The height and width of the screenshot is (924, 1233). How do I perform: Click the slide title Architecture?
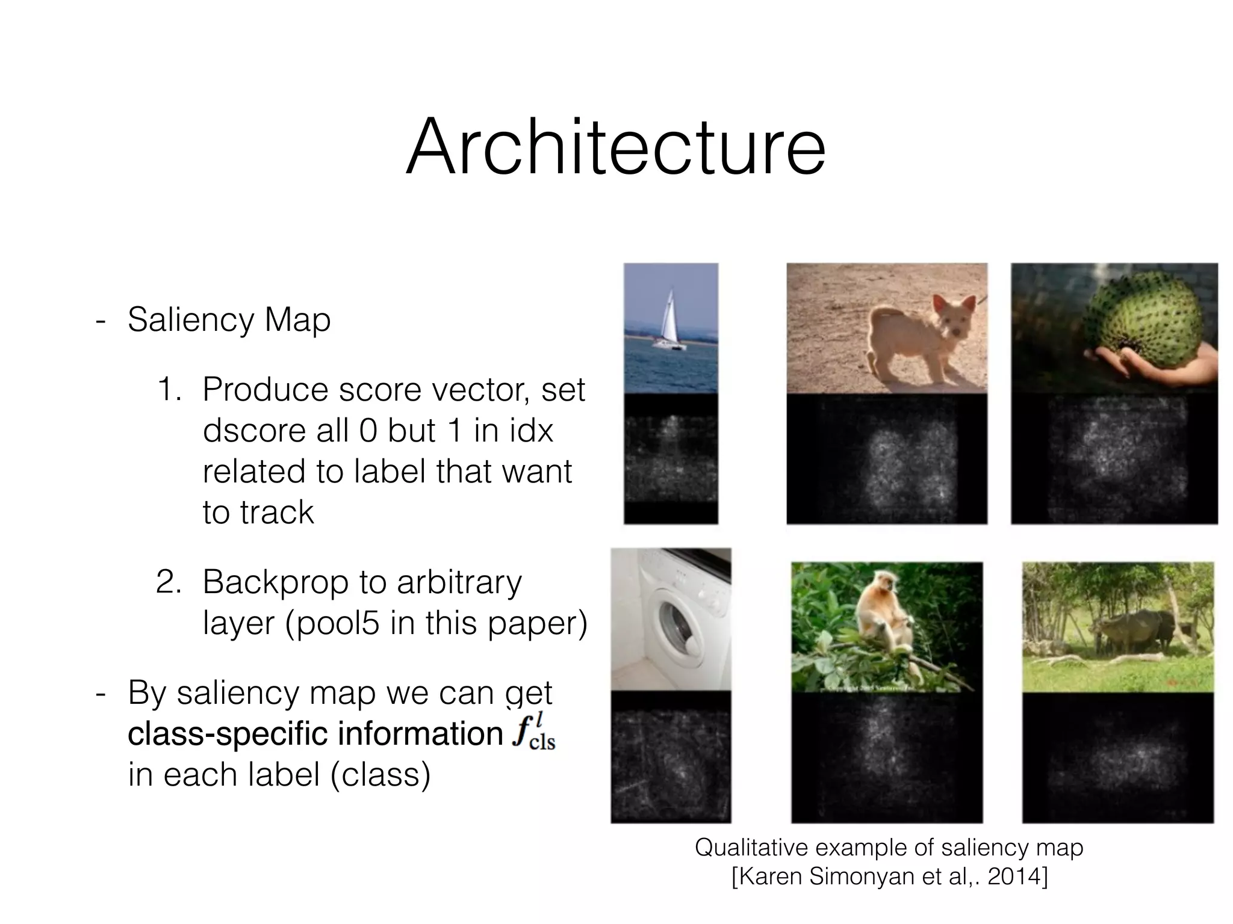[x=615, y=148]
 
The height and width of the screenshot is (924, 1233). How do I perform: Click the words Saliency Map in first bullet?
[x=229, y=319]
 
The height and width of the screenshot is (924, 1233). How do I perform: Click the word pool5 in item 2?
[x=337, y=623]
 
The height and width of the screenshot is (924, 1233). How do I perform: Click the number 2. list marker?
[x=168, y=582]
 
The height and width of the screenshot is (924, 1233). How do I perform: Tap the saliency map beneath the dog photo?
[x=886, y=460]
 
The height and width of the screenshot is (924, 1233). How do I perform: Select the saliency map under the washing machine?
[x=671, y=758]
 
